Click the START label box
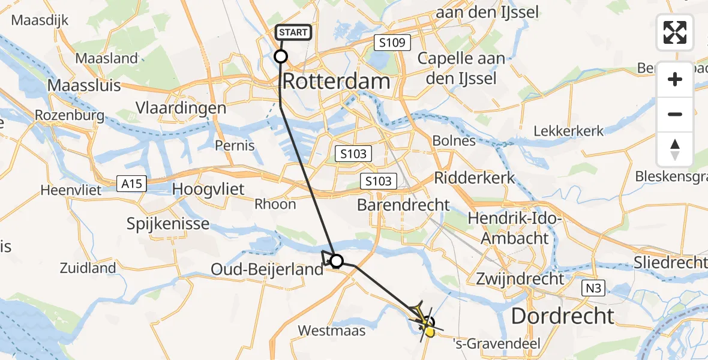tap(293, 32)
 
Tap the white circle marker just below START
tap(281, 57)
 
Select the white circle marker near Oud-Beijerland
tap(337, 261)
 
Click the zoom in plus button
tap(675, 80)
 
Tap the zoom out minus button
tap(675, 114)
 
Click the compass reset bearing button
tap(675, 149)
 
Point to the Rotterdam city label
tap(336, 81)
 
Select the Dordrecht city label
tap(562, 316)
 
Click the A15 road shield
tap(131, 184)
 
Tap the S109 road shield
tap(392, 43)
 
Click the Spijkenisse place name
tap(168, 224)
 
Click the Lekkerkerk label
tap(569, 131)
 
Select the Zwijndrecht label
tap(520, 279)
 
